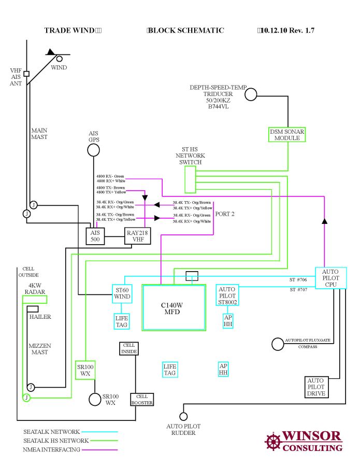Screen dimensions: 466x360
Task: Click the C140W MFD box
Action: [x=174, y=307]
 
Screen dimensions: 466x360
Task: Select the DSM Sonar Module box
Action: [x=287, y=135]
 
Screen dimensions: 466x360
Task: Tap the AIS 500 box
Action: [x=95, y=236]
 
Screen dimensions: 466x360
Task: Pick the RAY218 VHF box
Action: [x=137, y=236]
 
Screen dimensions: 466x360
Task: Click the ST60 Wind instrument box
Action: [x=121, y=293]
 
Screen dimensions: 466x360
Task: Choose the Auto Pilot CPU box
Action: [x=330, y=278]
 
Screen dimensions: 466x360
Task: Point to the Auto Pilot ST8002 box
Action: [x=227, y=295]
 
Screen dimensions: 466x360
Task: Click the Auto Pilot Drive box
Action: [x=316, y=387]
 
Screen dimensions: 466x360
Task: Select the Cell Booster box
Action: [x=142, y=399]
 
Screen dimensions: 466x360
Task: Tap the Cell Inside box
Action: [x=129, y=348]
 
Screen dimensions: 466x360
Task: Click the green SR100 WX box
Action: [x=85, y=370]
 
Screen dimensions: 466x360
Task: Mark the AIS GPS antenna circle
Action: [x=93, y=150]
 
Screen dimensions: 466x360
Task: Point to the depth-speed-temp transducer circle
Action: [x=251, y=94]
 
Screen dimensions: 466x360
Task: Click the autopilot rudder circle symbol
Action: [x=183, y=416]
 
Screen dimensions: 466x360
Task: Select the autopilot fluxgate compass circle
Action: [x=277, y=343]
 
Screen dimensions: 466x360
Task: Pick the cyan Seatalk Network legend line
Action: [x=100, y=431]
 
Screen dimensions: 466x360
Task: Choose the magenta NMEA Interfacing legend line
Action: [x=100, y=449]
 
